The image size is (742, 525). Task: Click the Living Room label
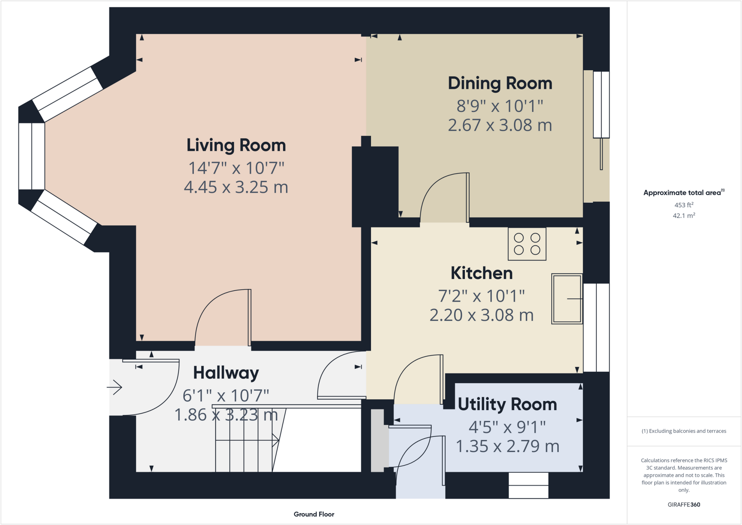pyautogui.click(x=236, y=145)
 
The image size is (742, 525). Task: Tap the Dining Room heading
pyautogui.click(x=500, y=83)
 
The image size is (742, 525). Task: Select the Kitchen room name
pyautogui.click(x=482, y=273)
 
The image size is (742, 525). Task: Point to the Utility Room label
pyautogui.click(x=507, y=404)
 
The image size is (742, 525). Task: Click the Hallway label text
pyautogui.click(x=226, y=373)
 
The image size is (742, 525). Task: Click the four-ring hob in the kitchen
pyautogui.click(x=527, y=244)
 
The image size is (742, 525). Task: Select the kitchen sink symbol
pyautogui.click(x=567, y=299)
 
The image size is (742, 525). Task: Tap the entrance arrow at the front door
pyautogui.click(x=114, y=387)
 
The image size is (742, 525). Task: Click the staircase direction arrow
pyautogui.click(x=247, y=441)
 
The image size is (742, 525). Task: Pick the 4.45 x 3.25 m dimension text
pyautogui.click(x=236, y=187)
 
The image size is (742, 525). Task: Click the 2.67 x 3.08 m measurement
pyautogui.click(x=500, y=125)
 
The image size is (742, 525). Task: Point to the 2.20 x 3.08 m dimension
pyautogui.click(x=482, y=315)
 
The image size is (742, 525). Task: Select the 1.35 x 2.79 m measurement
pyautogui.click(x=507, y=446)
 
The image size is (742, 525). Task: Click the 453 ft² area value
pyautogui.click(x=684, y=205)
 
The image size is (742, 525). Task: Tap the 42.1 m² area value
pyautogui.click(x=684, y=216)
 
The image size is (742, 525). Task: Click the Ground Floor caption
pyautogui.click(x=314, y=514)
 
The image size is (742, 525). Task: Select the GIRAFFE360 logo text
pyautogui.click(x=684, y=504)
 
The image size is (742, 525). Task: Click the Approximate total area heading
pyautogui.click(x=684, y=192)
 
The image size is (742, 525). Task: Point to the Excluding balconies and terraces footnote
pyautogui.click(x=684, y=431)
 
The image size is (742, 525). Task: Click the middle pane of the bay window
pyautogui.click(x=32, y=156)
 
